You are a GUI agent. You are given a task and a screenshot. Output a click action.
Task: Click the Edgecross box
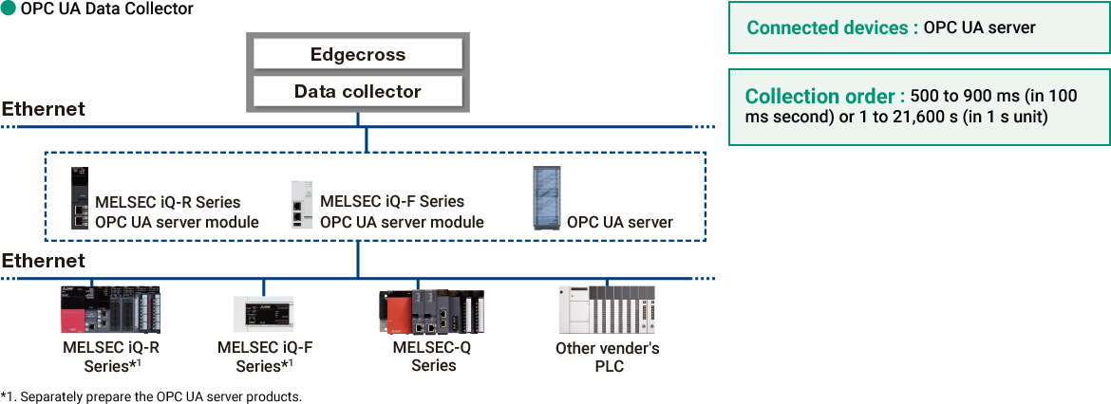357,54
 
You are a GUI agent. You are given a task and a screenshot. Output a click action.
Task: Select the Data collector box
357,92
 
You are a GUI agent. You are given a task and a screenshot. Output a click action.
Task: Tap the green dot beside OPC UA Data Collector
9,9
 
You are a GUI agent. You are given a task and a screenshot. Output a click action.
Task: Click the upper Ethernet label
44,109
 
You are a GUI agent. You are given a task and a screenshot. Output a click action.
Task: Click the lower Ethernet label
44,260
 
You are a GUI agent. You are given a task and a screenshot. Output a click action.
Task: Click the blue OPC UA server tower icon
547,197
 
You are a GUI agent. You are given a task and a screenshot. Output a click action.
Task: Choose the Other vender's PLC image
607,310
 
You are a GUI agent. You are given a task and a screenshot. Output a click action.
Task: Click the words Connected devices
827,28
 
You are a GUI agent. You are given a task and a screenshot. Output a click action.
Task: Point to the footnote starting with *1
152,395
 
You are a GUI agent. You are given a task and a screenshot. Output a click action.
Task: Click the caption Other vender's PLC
608,357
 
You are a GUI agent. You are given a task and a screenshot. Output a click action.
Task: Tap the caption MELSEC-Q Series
432,356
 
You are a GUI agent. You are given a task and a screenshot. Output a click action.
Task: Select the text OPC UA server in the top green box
979,28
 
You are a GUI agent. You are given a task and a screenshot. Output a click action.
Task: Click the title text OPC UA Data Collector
106,9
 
